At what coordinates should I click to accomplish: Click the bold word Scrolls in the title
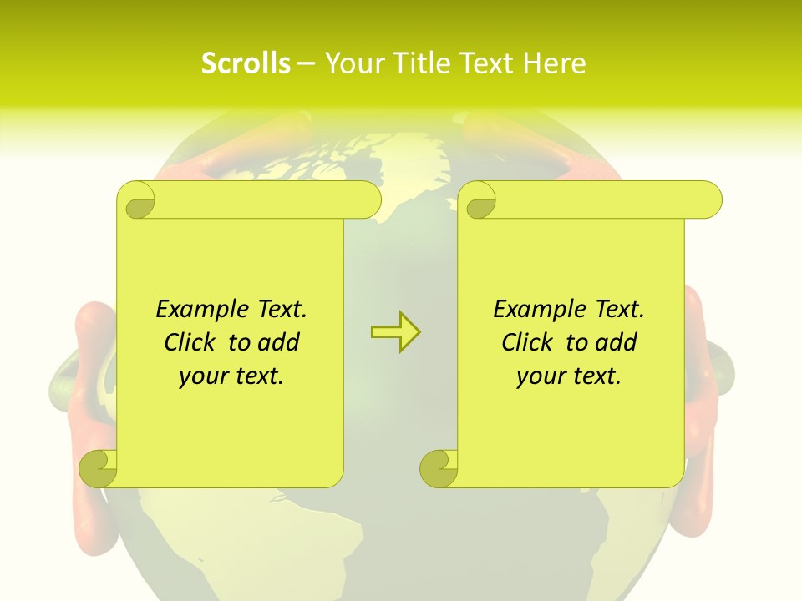coord(246,63)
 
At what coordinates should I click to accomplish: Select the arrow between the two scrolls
coord(395,331)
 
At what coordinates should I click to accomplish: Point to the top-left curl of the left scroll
coord(137,201)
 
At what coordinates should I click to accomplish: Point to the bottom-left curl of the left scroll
coord(98,468)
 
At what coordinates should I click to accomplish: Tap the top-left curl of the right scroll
coord(478,201)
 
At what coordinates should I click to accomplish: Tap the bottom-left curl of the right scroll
coord(439,468)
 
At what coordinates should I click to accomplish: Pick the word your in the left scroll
coord(198,376)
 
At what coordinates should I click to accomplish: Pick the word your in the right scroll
coord(536,376)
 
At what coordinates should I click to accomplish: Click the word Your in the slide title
coord(353,63)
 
